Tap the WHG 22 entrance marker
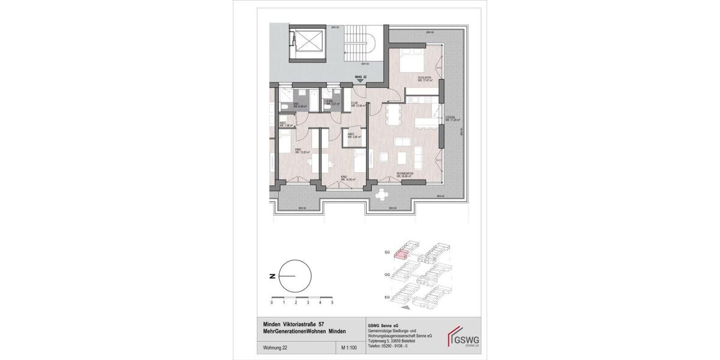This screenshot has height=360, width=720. [360, 78]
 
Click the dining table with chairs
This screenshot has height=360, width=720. [394, 114]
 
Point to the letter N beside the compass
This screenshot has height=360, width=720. [272, 276]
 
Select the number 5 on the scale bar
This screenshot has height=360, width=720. [332, 304]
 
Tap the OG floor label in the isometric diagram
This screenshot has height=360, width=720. [387, 274]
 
